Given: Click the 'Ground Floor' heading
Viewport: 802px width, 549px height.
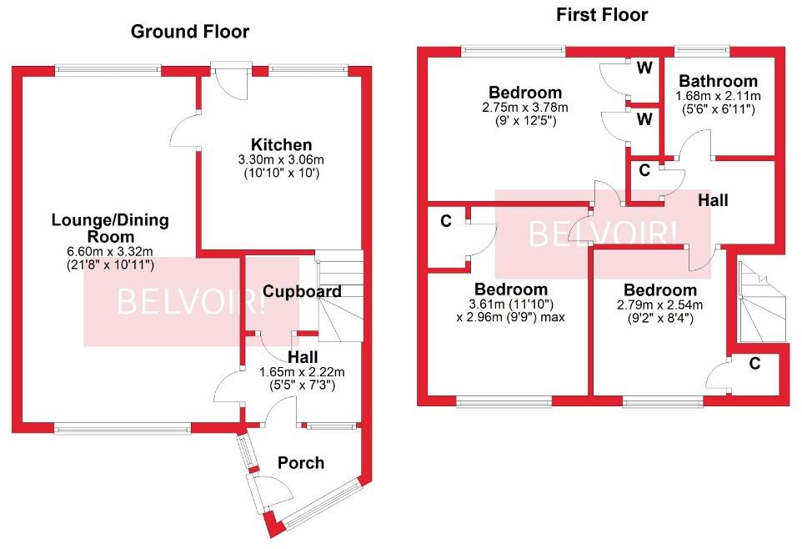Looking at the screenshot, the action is [190, 32].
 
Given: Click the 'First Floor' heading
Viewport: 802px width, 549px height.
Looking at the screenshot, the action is [601, 14].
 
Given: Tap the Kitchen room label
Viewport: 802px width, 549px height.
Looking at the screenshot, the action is [284, 145].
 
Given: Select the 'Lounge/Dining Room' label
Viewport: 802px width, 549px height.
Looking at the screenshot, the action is [110, 229].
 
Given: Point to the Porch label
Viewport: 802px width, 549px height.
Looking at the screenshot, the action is [300, 462].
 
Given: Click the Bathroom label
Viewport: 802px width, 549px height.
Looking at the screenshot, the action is [718, 81].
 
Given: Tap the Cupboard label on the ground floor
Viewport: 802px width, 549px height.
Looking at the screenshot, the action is [302, 291].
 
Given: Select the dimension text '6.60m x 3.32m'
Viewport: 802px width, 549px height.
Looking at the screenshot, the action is [110, 251].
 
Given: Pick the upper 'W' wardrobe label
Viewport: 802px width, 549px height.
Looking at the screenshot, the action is [644, 68].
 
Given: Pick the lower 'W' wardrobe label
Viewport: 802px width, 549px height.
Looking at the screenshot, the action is [644, 119].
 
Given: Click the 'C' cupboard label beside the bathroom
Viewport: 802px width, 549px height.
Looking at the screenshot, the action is [644, 170].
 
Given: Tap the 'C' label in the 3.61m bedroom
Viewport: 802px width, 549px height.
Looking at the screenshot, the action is [446, 221].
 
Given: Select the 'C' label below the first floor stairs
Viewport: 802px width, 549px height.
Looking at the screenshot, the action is [754, 363].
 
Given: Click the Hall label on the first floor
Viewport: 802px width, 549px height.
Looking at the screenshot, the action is [713, 200].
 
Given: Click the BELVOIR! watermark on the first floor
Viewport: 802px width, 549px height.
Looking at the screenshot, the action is [602, 234].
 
